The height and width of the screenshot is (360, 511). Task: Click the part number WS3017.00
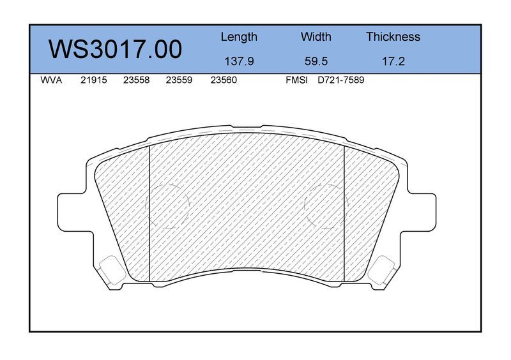[115, 49]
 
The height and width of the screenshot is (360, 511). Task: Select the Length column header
[239, 37]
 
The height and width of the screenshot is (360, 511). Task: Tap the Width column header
[316, 36]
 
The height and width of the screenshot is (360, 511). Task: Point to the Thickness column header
[393, 36]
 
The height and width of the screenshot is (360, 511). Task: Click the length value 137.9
[239, 61]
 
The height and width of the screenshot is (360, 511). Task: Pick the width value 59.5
[316, 61]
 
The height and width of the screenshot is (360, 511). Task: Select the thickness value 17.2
[393, 61]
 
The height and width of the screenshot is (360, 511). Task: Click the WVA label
[51, 80]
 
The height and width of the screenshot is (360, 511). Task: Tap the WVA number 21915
[93, 80]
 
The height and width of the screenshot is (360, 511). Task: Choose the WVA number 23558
[136, 80]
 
